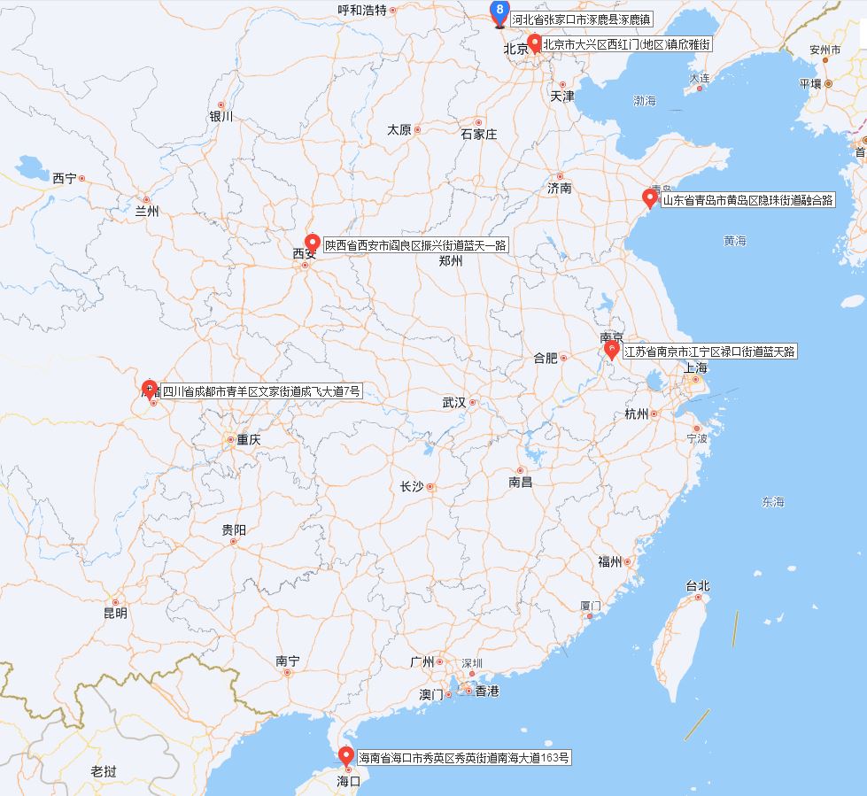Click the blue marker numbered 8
500,12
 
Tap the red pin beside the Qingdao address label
650,198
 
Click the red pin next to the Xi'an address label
312,243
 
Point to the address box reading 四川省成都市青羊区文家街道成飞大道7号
261,390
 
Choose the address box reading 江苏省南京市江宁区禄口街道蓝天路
710,352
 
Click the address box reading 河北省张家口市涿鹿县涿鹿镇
581,18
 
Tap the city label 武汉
454,402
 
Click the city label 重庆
248,439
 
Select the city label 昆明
115,613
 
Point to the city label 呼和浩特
363,10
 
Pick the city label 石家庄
479,135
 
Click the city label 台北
698,586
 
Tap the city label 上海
695,367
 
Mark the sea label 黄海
734,241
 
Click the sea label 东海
772,502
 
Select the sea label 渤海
645,102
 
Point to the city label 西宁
65,178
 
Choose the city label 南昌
521,483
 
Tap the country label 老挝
104,771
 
